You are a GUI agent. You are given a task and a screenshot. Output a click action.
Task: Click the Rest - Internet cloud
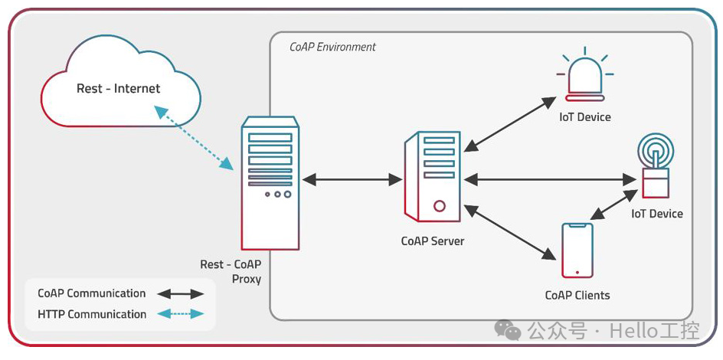(x=119, y=89)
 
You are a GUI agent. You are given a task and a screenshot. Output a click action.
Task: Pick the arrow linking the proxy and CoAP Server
(x=352, y=180)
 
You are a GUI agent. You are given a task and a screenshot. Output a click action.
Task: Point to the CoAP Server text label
(x=433, y=241)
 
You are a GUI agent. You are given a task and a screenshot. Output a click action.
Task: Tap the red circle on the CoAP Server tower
(x=439, y=205)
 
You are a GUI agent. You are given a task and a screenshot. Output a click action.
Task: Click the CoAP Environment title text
(x=332, y=47)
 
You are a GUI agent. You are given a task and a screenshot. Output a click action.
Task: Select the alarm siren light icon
(x=584, y=77)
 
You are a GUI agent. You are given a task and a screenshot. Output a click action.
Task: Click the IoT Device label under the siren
(x=584, y=117)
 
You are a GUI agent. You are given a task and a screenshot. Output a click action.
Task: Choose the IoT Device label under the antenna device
(x=656, y=214)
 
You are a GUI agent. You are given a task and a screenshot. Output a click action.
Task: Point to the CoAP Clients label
(x=577, y=295)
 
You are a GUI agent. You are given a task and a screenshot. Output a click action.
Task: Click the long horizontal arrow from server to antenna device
(x=550, y=180)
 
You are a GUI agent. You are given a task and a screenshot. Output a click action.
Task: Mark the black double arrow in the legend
(x=181, y=293)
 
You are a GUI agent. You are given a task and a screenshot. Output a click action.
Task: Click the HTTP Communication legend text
(x=92, y=314)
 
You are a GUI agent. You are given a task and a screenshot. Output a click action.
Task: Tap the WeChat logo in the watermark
(x=507, y=330)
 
